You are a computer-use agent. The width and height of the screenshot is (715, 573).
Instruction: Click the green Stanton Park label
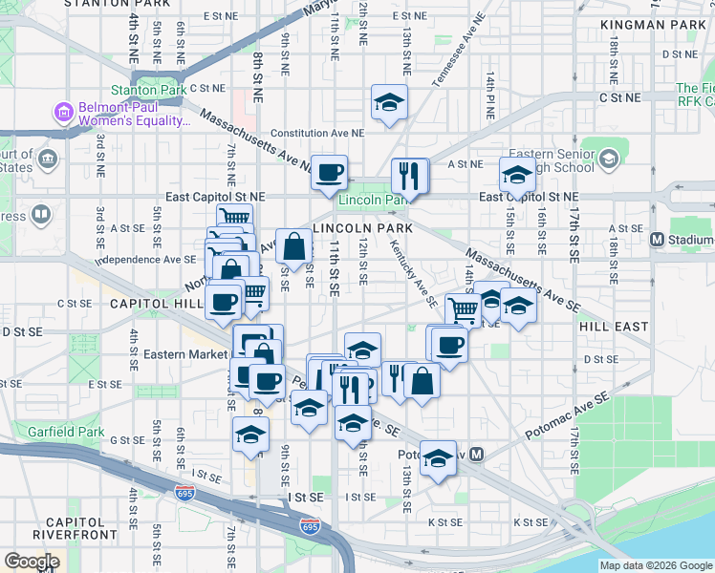[147, 90]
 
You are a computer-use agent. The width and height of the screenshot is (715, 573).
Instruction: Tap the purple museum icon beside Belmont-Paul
[64, 113]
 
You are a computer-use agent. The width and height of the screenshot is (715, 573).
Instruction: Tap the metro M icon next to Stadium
[657, 240]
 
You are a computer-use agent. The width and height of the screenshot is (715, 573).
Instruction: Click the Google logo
[32, 562]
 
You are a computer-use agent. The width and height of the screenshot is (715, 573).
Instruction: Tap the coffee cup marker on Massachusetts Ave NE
[329, 172]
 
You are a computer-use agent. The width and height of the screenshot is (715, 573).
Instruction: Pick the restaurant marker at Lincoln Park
[410, 176]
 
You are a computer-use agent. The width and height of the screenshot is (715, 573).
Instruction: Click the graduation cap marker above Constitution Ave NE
[389, 103]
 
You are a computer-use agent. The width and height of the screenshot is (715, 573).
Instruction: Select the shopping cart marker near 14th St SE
[464, 308]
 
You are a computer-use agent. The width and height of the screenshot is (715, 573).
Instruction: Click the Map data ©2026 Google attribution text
[655, 565]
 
